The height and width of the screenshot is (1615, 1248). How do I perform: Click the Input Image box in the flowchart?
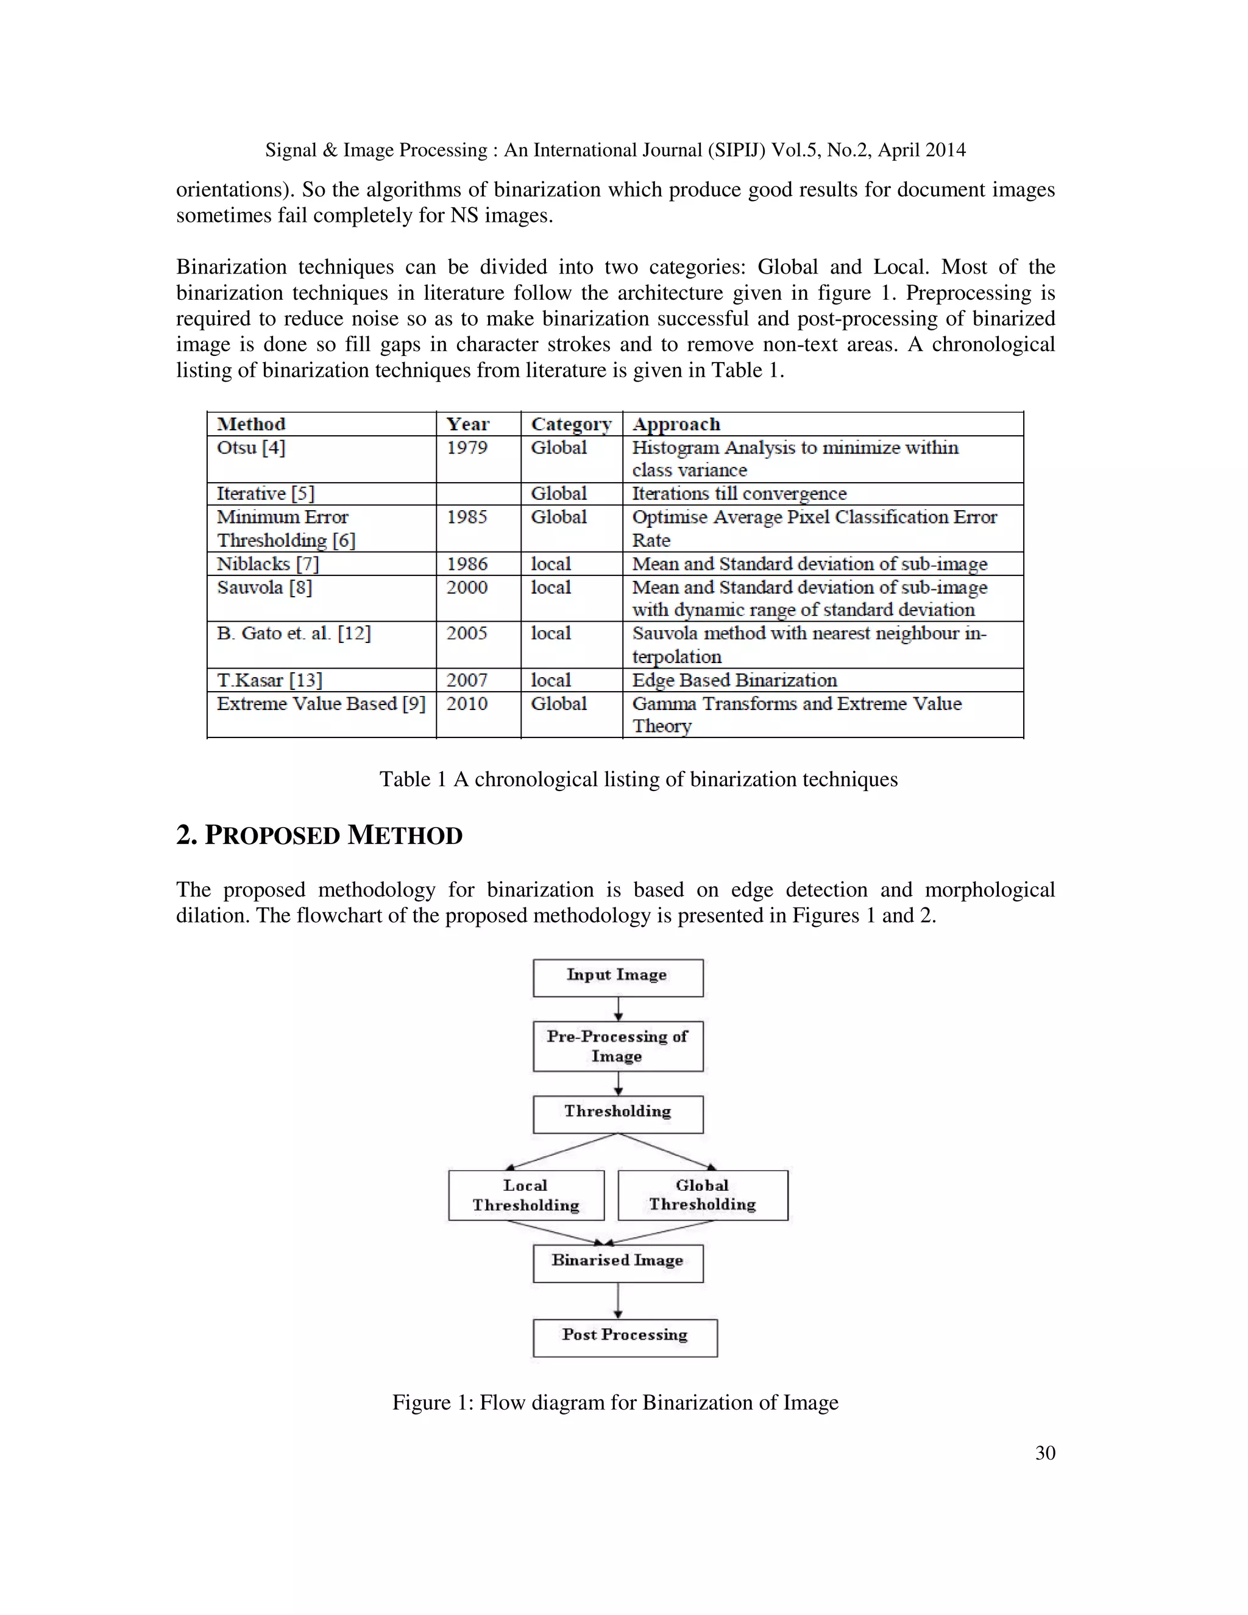617,978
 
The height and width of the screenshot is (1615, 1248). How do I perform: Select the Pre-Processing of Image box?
617,1046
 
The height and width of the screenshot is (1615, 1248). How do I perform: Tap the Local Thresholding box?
526,1195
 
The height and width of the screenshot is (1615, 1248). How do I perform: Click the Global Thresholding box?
703,1195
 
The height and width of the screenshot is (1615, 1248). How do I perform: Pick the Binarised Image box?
617,1263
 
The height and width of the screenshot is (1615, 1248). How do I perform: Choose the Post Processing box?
625,1338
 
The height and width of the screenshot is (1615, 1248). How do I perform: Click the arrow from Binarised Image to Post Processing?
618,1301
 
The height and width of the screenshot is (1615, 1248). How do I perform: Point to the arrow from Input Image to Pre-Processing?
618,1009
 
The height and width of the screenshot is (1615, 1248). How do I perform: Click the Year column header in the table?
467,424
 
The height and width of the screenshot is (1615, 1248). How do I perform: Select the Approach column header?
676,424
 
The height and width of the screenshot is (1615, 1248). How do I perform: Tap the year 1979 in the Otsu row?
467,448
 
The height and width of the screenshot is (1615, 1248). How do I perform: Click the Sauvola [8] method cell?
264,588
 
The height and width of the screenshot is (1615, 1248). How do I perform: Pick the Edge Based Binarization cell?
734,680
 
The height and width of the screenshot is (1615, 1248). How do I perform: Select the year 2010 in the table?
467,704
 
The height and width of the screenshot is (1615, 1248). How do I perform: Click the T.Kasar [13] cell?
269,680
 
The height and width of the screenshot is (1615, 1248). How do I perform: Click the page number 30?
1044,1453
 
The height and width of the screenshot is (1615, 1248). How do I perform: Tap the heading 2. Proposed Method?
319,835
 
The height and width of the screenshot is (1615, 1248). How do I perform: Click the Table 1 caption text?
638,779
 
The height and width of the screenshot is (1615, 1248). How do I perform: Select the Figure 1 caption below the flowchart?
615,1403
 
